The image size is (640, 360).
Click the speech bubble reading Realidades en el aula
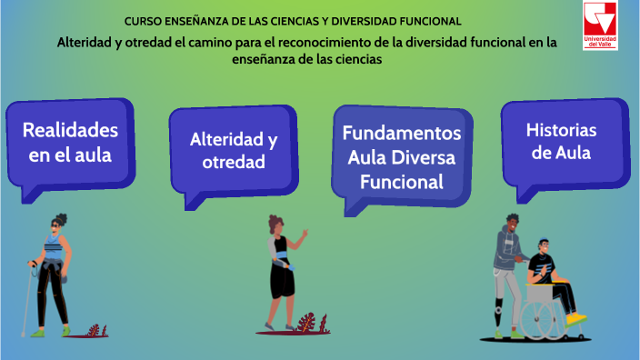tap(71, 142)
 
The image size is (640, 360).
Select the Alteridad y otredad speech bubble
tap(233, 150)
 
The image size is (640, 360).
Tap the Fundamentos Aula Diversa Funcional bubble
tap(401, 156)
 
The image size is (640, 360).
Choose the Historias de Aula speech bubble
tap(558, 141)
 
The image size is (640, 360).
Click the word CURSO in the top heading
tap(141, 20)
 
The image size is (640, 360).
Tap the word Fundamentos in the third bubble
tap(402, 134)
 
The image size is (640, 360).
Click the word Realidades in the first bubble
tap(71, 129)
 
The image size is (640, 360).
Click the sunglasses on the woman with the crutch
tap(58, 226)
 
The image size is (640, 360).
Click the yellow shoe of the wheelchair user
tap(575, 318)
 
